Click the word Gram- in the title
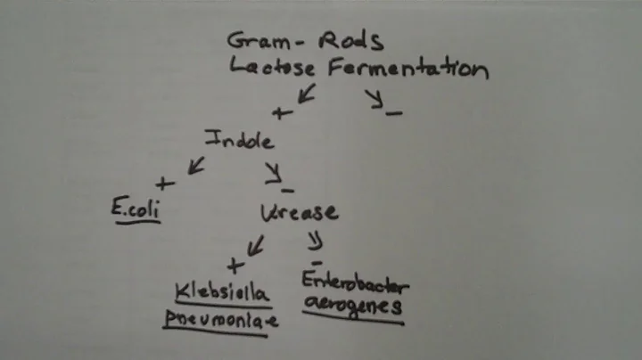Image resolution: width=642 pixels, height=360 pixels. point(259,40)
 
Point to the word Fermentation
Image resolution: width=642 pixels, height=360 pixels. point(407,68)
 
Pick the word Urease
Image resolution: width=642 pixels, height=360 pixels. point(300,211)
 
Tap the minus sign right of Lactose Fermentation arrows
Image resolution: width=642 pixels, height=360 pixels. point(394,112)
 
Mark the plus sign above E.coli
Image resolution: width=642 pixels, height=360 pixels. point(163,184)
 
